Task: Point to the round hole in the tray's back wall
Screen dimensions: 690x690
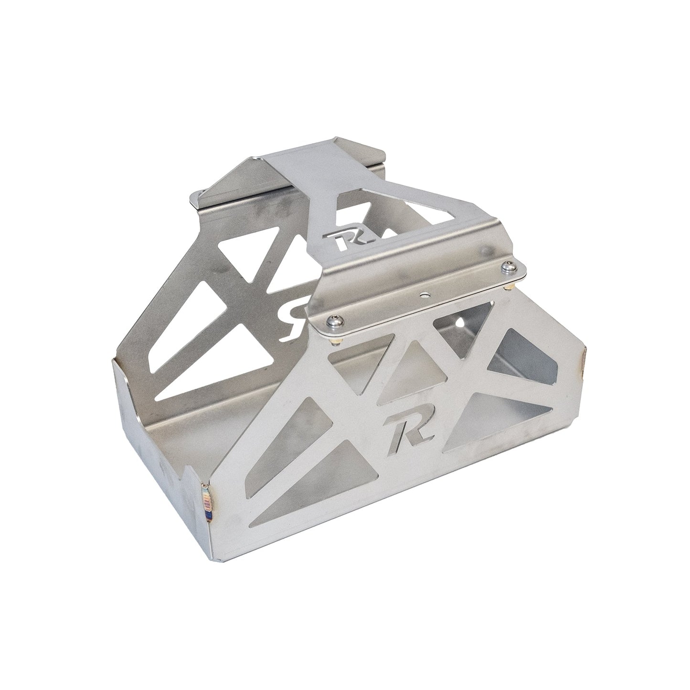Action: [x=461, y=324]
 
